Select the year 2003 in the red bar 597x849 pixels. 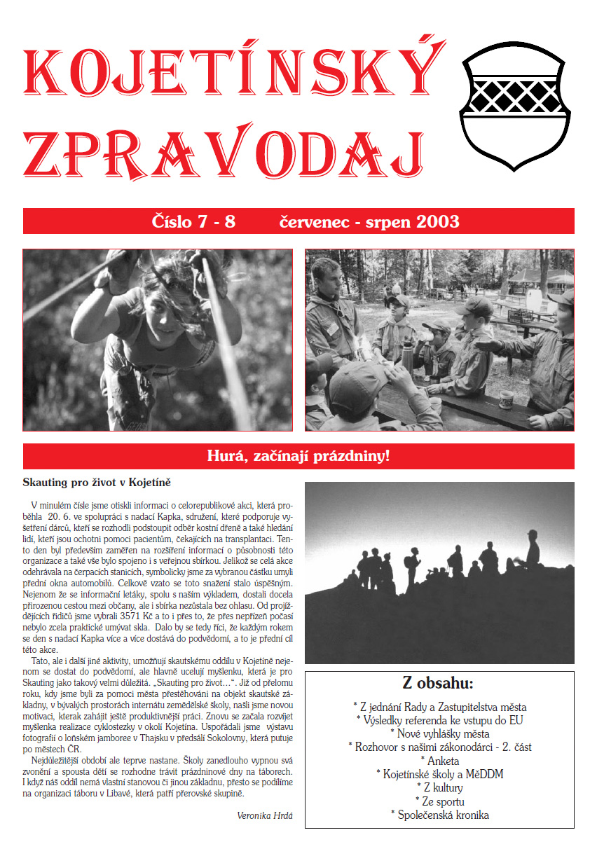pyautogui.click(x=438, y=222)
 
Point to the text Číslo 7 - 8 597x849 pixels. pyautogui.click(x=193, y=222)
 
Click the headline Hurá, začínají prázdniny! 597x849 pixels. pyautogui.click(x=298, y=456)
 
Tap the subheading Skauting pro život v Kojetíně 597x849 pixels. pyautogui.click(x=97, y=483)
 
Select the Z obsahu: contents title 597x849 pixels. pyautogui.click(x=438, y=684)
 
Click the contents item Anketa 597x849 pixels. pyautogui.click(x=440, y=761)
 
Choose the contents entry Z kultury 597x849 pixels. pyautogui.click(x=440, y=788)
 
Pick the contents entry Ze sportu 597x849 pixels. pyautogui.click(x=440, y=801)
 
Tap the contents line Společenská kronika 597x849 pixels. pyautogui.click(x=440, y=815)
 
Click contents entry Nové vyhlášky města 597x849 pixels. pyautogui.click(x=440, y=734)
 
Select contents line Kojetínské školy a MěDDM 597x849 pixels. pyautogui.click(x=440, y=774)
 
